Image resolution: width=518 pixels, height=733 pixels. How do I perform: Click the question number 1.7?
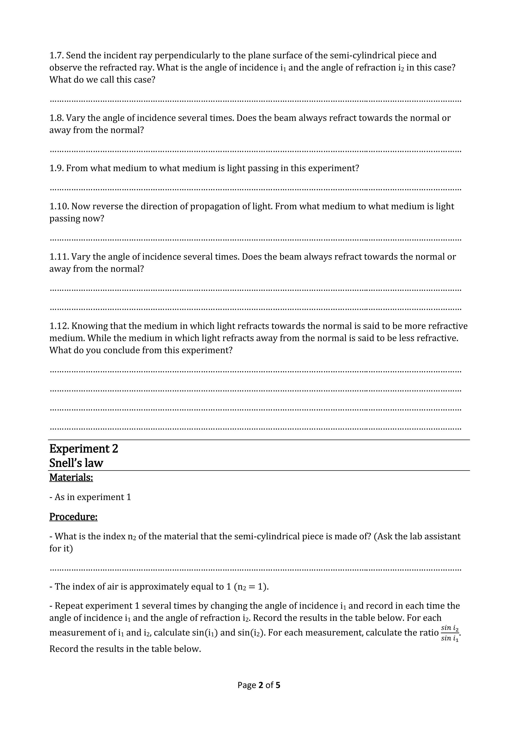[x=56, y=55]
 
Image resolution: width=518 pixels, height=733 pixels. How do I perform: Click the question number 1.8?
[x=56, y=118]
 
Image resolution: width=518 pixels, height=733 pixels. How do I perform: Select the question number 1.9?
[x=56, y=168]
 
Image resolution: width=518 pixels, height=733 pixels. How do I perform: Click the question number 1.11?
[x=59, y=257]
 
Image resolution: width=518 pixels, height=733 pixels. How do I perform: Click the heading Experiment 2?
[x=83, y=449]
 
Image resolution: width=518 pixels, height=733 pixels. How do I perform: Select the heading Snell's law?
[x=76, y=463]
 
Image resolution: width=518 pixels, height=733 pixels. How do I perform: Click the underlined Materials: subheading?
[x=71, y=478]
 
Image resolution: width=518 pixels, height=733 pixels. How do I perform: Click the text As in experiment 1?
[x=93, y=497]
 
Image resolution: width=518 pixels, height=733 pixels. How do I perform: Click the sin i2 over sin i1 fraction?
[x=450, y=633]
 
